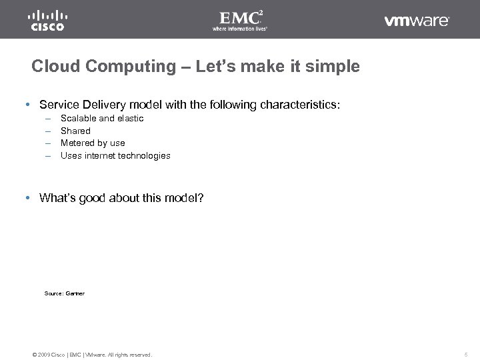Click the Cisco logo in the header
click(47, 21)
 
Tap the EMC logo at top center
click(239, 21)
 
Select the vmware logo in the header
click(417, 21)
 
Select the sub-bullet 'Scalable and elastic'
click(102, 118)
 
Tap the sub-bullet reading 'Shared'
click(75, 131)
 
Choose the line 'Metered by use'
click(93, 143)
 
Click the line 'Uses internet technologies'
click(115, 155)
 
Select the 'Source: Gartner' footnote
click(64, 293)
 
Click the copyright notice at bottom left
click(92, 354)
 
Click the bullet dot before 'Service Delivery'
click(25, 105)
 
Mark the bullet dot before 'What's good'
click(25, 197)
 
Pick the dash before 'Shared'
click(48, 131)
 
